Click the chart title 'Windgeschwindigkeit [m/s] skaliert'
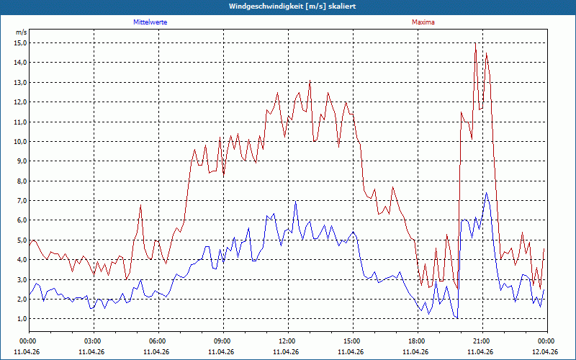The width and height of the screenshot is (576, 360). [x=292, y=6]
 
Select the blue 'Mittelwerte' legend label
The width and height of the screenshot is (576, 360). [x=150, y=22]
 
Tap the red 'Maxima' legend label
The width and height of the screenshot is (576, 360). [x=423, y=22]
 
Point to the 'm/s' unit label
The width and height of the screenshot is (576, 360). [x=22, y=32]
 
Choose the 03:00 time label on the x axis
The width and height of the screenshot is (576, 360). [x=94, y=341]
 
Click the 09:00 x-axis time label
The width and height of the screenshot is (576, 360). [x=223, y=341]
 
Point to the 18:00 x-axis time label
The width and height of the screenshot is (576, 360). [x=418, y=341]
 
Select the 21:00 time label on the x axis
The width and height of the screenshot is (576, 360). [x=482, y=341]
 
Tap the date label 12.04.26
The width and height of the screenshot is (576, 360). [x=545, y=352]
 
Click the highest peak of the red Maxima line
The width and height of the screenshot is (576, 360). [x=475, y=43]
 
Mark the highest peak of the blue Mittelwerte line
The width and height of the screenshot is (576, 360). [x=487, y=192]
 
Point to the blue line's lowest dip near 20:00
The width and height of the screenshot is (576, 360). [x=457, y=318]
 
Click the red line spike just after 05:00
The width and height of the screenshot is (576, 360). [x=140, y=205]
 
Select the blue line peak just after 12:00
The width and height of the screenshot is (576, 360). [x=296, y=201]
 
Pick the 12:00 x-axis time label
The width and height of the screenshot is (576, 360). [x=289, y=341]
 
